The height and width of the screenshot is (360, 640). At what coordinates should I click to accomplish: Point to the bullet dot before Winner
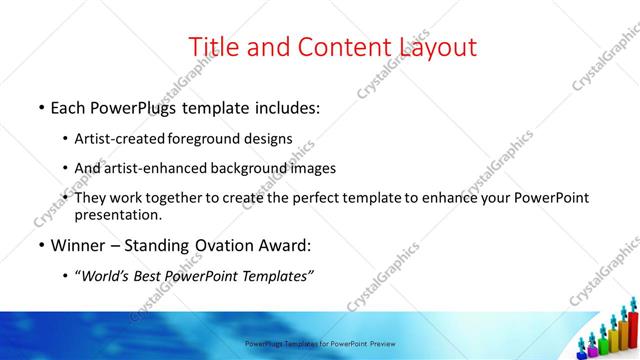point(40,245)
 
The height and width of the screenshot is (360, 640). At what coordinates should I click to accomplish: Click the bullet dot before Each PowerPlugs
point(40,106)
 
